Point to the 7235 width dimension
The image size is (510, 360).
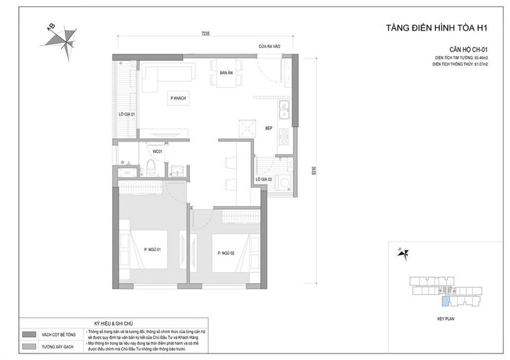click(x=205, y=33)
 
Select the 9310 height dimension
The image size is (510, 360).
click(x=313, y=170)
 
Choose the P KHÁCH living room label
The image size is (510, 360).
click(x=179, y=98)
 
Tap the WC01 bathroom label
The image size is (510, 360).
click(x=157, y=152)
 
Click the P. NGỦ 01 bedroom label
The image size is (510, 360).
click(x=153, y=250)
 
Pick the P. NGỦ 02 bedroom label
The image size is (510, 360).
click(x=225, y=253)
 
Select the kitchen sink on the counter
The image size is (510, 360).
click(x=284, y=111)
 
